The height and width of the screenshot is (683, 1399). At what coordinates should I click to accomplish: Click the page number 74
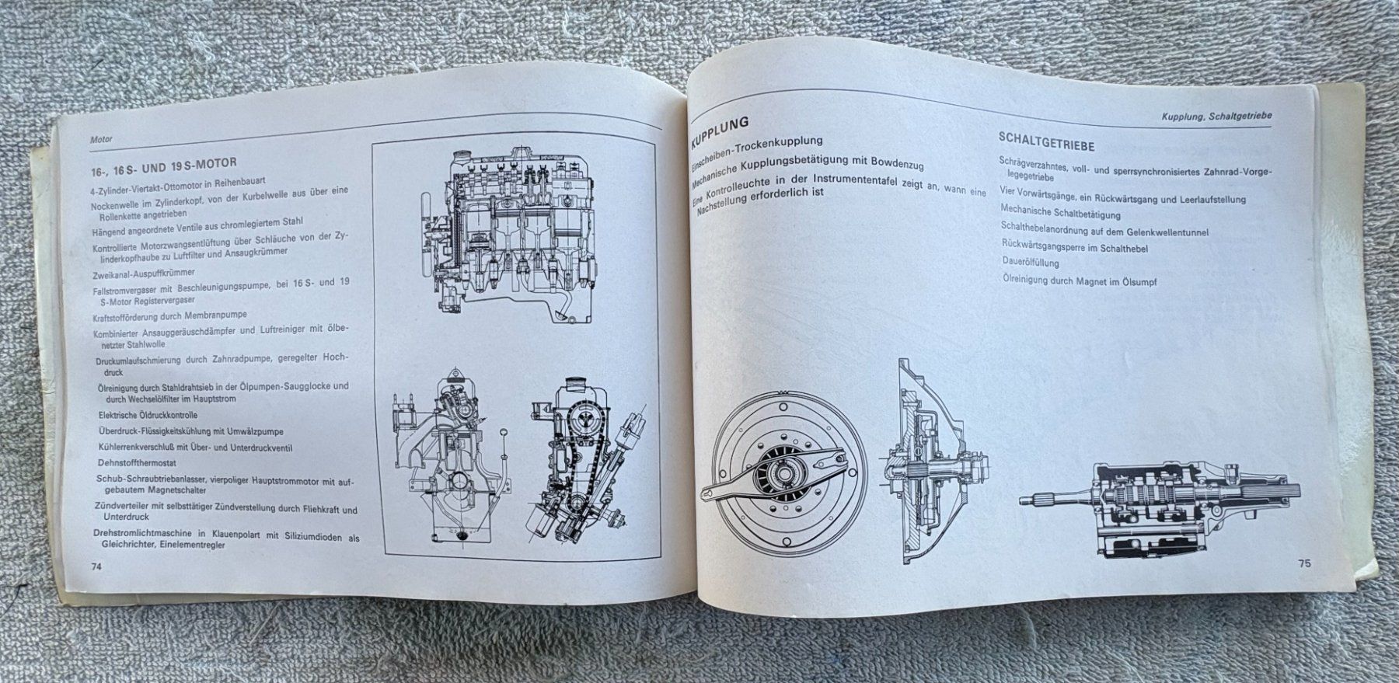[96, 566]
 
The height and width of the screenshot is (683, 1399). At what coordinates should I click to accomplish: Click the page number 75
[1303, 563]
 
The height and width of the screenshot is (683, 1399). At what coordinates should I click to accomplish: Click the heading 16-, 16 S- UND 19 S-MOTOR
[164, 163]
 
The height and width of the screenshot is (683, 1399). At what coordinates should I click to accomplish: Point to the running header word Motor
[101, 139]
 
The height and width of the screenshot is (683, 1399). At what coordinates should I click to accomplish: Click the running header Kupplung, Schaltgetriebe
[1216, 116]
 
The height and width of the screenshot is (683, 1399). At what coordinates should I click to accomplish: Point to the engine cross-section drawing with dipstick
[450, 462]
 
